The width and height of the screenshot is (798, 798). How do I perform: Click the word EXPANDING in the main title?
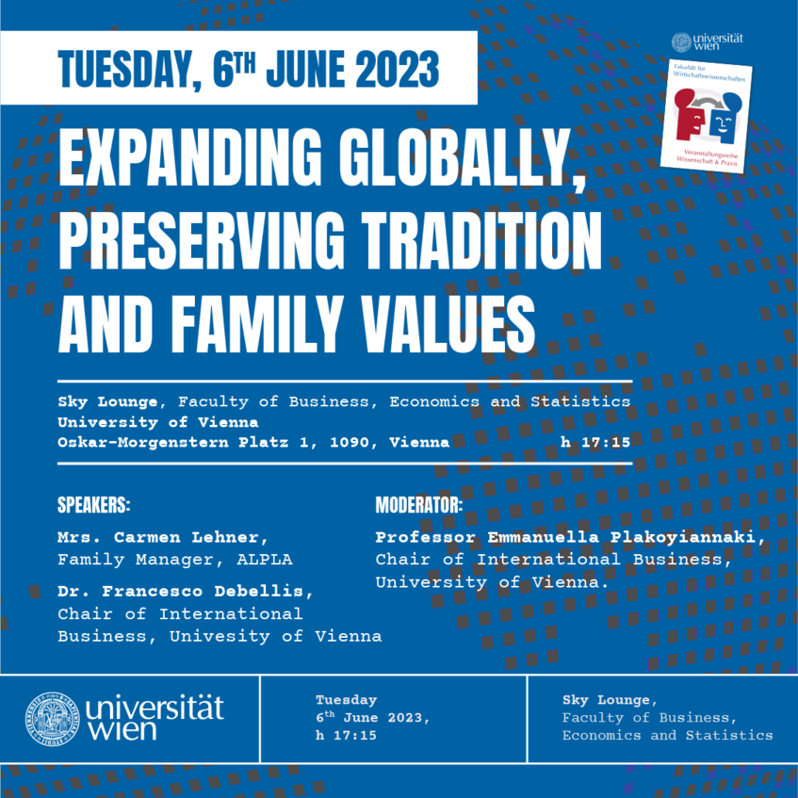click(x=190, y=157)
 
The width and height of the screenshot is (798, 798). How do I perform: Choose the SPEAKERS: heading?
click(x=93, y=505)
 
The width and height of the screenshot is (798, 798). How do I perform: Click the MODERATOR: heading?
click(x=419, y=505)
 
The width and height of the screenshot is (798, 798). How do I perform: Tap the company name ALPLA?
click(x=265, y=560)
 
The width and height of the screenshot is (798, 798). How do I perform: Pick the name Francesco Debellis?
click(x=202, y=591)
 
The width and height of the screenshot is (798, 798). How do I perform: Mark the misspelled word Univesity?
click(x=220, y=636)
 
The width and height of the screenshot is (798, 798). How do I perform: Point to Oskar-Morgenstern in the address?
click(x=143, y=442)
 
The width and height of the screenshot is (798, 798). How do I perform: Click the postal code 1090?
click(x=350, y=442)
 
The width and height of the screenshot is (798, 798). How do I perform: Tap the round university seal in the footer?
click(x=53, y=719)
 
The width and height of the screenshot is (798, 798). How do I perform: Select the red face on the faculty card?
click(x=689, y=116)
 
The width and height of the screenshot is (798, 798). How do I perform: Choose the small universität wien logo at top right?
click(x=708, y=41)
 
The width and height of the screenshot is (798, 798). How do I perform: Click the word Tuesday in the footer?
click(x=346, y=700)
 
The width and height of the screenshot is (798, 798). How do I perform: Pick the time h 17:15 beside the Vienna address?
click(x=595, y=442)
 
